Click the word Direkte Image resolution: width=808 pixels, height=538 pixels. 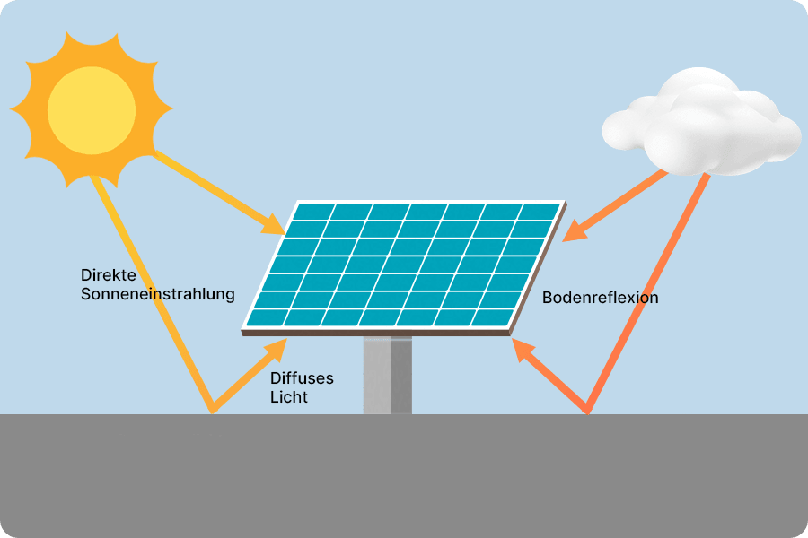[x=107, y=274]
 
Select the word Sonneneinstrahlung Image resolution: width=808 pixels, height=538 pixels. [x=157, y=293]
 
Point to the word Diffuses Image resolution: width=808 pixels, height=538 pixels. [x=301, y=378]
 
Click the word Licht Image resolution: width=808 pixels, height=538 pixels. [x=288, y=396]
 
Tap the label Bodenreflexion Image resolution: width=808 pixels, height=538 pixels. [x=600, y=297]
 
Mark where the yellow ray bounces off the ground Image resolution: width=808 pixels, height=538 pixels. [x=212, y=412]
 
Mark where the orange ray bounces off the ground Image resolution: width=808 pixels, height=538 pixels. [x=588, y=412]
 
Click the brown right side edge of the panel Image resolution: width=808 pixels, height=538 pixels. [x=539, y=269]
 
